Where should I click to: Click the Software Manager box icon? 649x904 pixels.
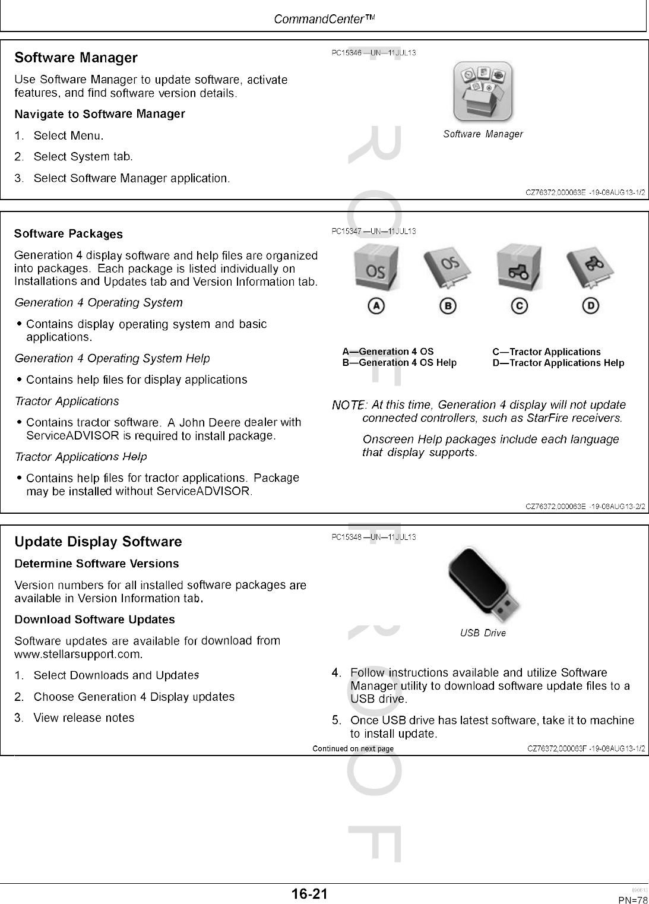pyautogui.click(x=482, y=92)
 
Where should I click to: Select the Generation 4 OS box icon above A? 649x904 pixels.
pyautogui.click(x=376, y=267)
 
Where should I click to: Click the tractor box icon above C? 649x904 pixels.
pyautogui.click(x=519, y=267)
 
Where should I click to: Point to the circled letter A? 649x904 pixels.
pyautogui.click(x=376, y=305)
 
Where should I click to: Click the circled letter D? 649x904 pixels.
pyautogui.click(x=590, y=305)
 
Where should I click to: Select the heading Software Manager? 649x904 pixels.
pyautogui.click(x=76, y=58)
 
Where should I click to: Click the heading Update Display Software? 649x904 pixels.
pyautogui.click(x=98, y=542)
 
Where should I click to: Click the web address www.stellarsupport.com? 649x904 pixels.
pyautogui.click(x=78, y=655)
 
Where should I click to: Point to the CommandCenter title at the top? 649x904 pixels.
pyautogui.click(x=324, y=19)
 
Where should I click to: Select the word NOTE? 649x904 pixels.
pyautogui.click(x=348, y=405)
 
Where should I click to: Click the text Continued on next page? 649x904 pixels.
pyautogui.click(x=353, y=748)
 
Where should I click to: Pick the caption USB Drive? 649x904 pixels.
pyautogui.click(x=483, y=633)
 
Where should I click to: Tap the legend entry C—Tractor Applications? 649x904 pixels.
pyautogui.click(x=546, y=352)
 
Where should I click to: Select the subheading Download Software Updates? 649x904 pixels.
pyautogui.click(x=94, y=619)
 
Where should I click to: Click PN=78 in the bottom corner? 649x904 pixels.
pyautogui.click(x=633, y=899)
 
